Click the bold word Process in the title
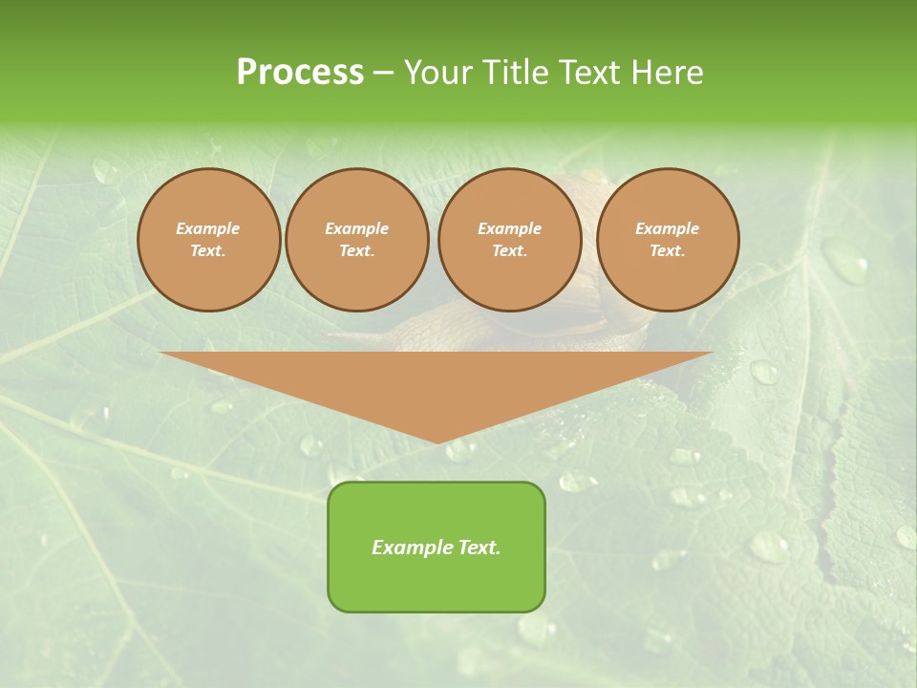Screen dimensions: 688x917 (300, 72)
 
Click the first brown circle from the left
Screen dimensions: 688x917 (208, 239)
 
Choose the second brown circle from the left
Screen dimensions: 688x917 (356, 239)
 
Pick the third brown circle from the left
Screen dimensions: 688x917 (509, 239)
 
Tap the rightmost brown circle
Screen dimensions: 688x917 (667, 239)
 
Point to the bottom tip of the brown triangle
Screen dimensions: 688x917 (437, 441)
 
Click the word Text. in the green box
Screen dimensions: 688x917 (480, 548)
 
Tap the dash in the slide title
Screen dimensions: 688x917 (383, 73)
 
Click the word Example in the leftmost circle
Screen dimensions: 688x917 (208, 228)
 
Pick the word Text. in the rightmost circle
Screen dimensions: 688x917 (667, 250)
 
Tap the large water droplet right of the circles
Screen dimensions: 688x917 (845, 261)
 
